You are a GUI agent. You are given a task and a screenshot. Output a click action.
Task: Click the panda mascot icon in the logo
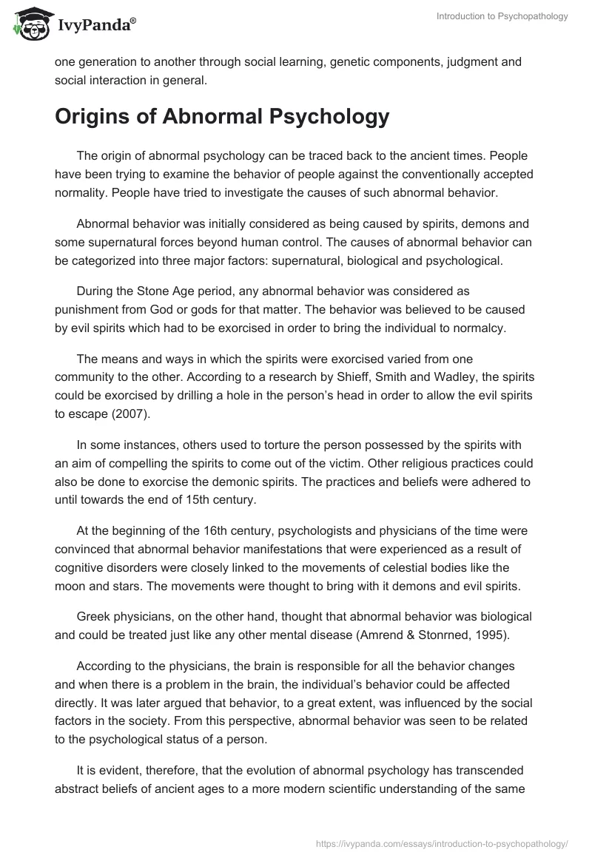point(27,24)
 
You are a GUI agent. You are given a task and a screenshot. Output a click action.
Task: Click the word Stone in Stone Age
point(149,292)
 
